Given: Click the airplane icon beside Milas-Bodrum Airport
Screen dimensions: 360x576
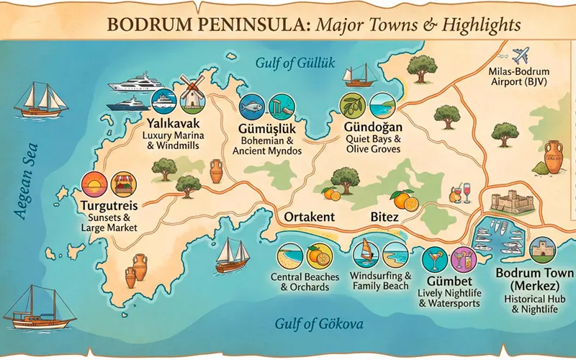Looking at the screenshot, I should pyautogui.click(x=521, y=56).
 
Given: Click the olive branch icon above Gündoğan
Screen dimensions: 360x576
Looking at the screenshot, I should pyautogui.click(x=353, y=106).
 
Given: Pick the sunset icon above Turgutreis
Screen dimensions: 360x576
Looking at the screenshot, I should pyautogui.click(x=94, y=185).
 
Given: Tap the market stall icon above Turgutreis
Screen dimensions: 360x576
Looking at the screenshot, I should pyautogui.click(x=125, y=185).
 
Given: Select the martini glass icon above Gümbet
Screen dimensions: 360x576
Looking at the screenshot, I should pyautogui.click(x=435, y=258).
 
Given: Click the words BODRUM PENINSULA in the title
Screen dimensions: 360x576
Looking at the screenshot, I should pyautogui.click(x=209, y=25).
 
